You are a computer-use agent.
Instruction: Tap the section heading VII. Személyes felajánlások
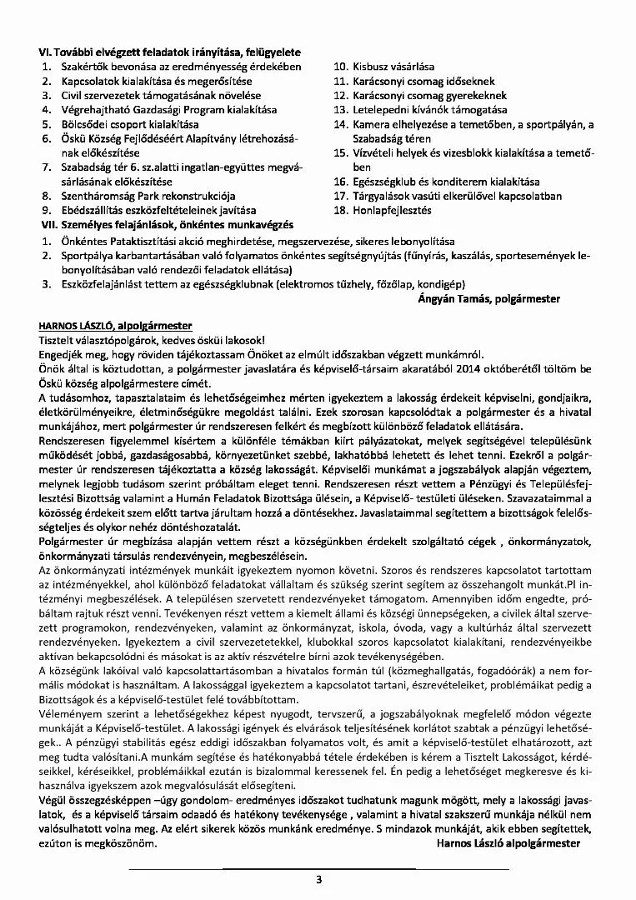tap(167, 225)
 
